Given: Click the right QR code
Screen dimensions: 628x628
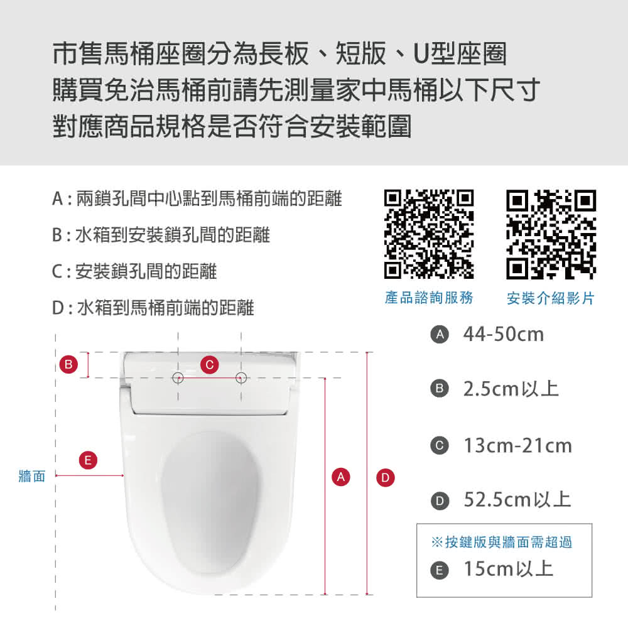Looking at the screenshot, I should click(551, 234).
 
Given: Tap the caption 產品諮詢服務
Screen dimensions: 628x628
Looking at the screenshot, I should click(429, 298).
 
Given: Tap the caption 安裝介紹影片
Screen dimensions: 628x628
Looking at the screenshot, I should click(550, 298).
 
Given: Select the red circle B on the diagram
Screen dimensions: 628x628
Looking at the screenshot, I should click(68, 364).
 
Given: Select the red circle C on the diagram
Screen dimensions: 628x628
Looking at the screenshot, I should click(210, 364).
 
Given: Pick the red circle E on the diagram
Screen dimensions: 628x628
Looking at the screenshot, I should click(88, 461).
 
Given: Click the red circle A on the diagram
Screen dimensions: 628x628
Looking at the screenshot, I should click(340, 477).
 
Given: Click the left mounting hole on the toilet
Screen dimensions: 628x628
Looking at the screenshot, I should click(178, 377).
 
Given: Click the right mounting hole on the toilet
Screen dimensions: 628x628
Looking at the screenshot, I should click(241, 377).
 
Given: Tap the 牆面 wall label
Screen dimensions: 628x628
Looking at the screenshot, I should click(31, 477).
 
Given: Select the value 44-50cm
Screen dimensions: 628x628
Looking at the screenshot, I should click(503, 335).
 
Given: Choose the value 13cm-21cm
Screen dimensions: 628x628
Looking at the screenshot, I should click(517, 446).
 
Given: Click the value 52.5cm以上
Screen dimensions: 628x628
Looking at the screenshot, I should click(517, 501).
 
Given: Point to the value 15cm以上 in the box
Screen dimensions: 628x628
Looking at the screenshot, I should click(508, 570).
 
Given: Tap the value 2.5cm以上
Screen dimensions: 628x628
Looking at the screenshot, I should click(511, 389).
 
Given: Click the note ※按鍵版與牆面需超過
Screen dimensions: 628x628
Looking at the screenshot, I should click(502, 542).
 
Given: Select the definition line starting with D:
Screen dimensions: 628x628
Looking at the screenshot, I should click(153, 308).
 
